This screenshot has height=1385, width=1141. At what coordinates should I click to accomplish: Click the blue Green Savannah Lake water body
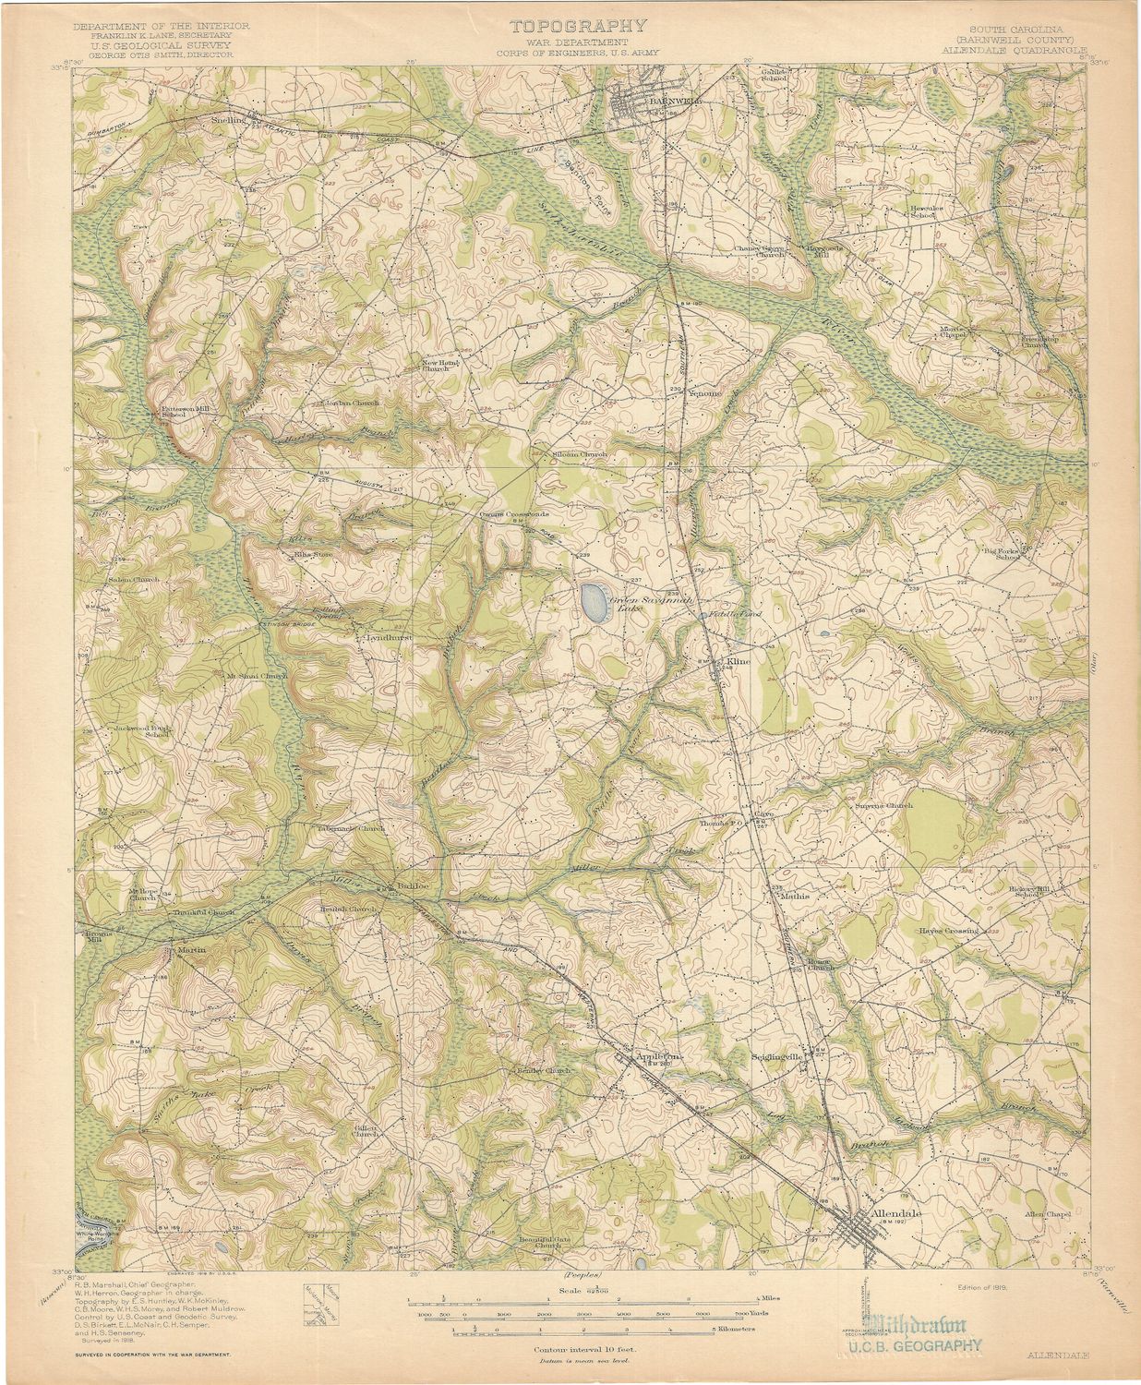click(x=594, y=601)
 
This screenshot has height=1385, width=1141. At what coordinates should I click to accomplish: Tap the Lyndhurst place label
click(x=387, y=637)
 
